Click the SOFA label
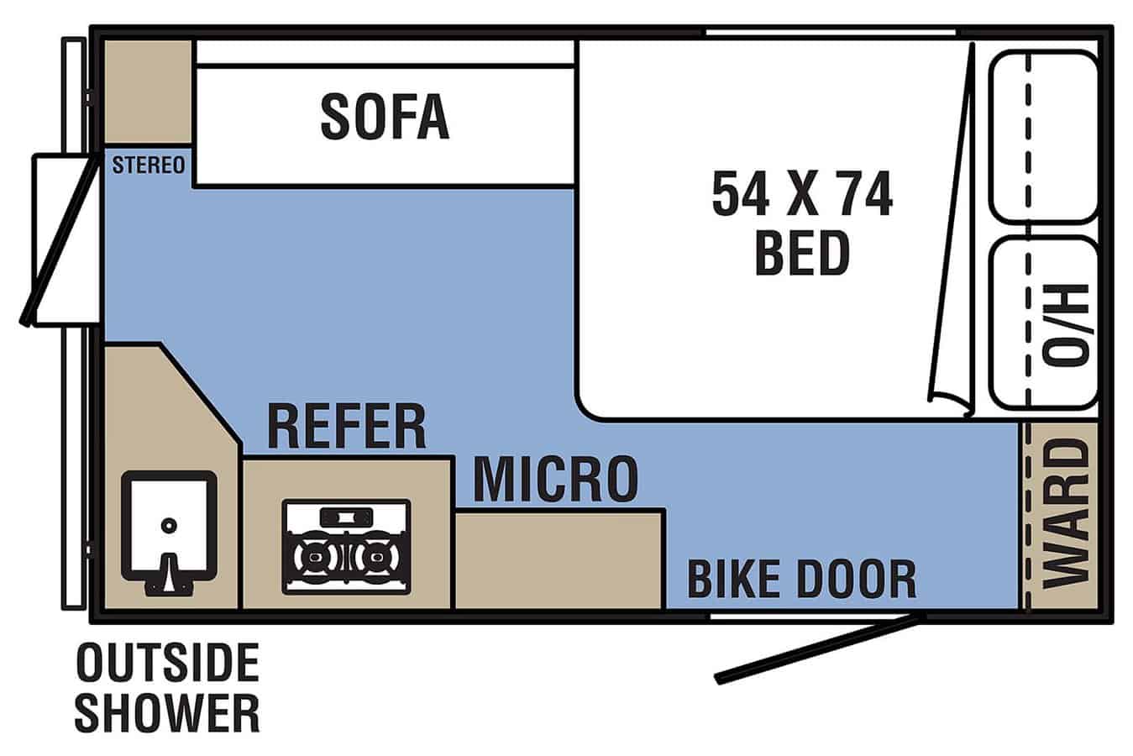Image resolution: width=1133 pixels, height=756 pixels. point(385,117)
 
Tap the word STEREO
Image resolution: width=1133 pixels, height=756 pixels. point(149,165)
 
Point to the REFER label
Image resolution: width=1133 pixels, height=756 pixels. point(347,427)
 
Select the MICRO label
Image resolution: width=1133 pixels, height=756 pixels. point(555,479)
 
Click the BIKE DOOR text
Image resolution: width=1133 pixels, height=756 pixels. point(802,580)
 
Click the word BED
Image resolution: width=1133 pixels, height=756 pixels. point(802,253)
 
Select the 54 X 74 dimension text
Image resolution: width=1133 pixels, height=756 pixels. point(802,193)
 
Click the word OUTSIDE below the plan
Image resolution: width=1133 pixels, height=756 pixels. point(167,663)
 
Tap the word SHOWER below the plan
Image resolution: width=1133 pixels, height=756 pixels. point(167,713)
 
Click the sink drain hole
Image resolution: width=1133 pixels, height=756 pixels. point(169,525)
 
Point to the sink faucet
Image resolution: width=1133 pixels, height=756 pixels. point(169,576)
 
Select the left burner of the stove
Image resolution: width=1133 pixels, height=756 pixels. point(315,557)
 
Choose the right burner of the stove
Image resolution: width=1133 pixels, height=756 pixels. point(376,557)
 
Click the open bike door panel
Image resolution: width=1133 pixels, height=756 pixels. point(820,648)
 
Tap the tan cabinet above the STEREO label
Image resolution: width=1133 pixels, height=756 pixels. point(148,92)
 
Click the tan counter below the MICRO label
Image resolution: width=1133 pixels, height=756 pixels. point(559,560)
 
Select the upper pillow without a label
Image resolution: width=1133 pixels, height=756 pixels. point(1043,137)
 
